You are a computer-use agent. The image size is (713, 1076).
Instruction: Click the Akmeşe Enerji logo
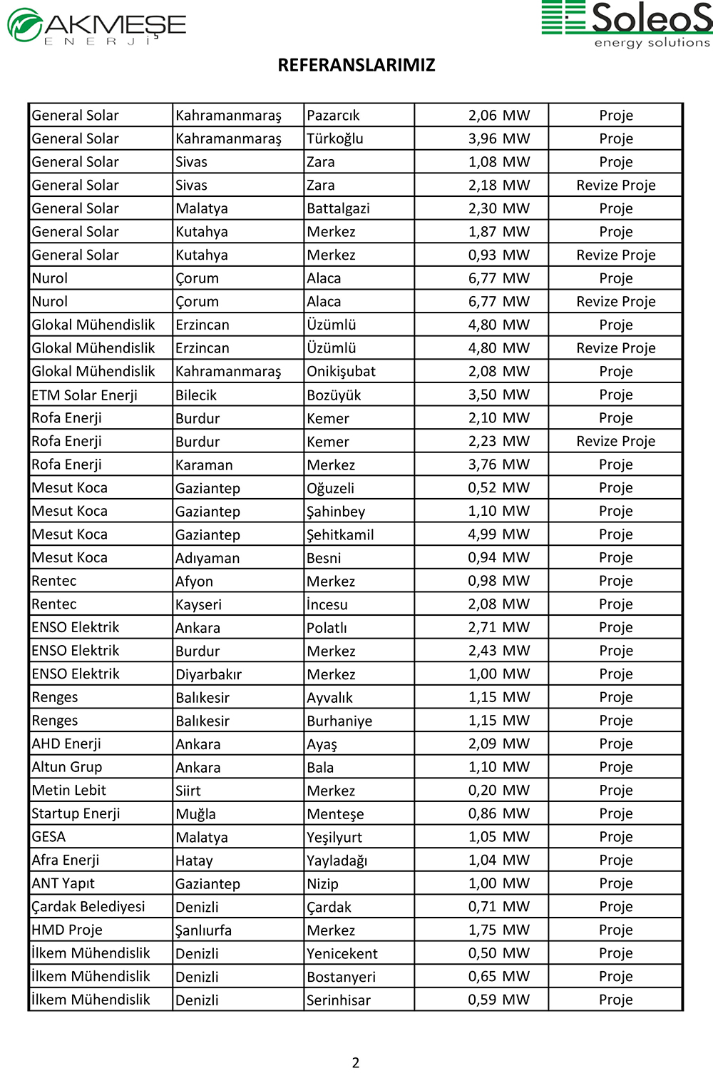point(97,26)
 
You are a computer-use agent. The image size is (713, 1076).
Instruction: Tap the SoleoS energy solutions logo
point(627,24)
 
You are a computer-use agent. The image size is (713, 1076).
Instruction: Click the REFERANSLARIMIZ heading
point(356,66)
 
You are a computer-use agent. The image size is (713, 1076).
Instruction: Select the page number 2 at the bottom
point(356,1062)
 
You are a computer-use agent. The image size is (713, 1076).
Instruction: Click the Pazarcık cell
point(333,116)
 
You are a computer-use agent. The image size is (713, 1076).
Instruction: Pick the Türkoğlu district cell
point(335,138)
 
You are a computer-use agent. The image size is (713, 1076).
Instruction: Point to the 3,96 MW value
point(499,138)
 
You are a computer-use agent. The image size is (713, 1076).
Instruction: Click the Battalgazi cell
point(338,208)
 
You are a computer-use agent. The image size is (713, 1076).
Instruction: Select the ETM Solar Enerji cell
point(85,395)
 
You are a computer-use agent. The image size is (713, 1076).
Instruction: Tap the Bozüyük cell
point(334,395)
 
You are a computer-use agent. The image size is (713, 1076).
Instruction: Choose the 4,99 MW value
point(499,534)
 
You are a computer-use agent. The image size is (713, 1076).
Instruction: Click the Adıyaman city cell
point(207,558)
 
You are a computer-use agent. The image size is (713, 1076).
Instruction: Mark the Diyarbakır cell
point(209,674)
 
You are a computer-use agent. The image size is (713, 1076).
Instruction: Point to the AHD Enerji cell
point(66,744)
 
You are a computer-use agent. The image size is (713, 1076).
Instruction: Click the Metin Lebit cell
point(69,791)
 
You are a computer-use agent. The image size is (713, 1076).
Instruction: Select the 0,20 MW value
point(499,791)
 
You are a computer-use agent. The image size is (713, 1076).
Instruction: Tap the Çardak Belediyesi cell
point(88,907)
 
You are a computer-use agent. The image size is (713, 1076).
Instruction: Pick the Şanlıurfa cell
point(204,930)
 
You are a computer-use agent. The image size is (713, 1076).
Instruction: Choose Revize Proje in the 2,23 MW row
point(616,442)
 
